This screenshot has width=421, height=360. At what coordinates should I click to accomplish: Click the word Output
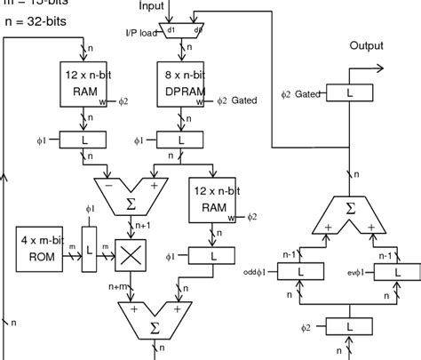[x=366, y=46]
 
